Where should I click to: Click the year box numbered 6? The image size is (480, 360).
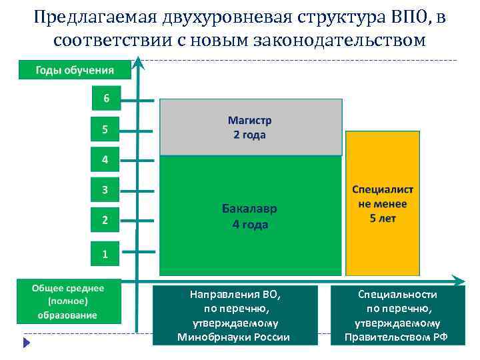(105, 99)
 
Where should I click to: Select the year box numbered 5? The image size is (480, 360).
(105, 129)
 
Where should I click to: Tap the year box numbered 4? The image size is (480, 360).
(105, 160)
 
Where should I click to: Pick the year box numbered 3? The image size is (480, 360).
(105, 190)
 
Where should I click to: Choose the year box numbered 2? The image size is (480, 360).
(105, 219)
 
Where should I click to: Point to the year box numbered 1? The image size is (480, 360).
(105, 253)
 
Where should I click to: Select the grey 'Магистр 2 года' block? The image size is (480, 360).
(251, 127)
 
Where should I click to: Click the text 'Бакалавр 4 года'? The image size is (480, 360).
(250, 216)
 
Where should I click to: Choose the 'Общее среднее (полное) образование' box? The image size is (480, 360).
(68, 301)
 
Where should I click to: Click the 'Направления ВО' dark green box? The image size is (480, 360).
(233, 315)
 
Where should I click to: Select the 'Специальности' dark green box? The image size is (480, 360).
(396, 315)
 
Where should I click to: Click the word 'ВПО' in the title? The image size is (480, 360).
(408, 17)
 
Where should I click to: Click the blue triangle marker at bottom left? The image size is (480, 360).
(27, 343)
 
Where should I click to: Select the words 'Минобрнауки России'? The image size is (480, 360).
(233, 337)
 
